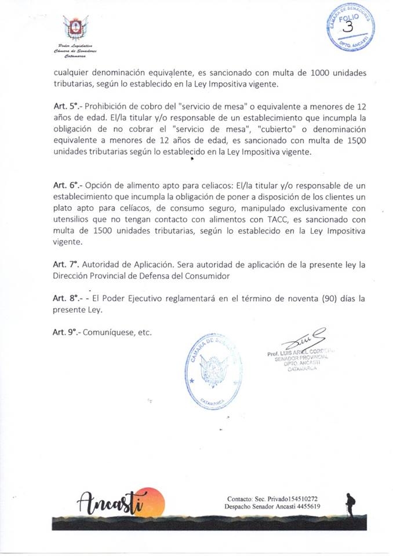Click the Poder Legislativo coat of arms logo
76,28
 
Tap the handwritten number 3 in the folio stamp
348,27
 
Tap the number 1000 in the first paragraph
321,72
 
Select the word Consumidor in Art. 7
199,276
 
